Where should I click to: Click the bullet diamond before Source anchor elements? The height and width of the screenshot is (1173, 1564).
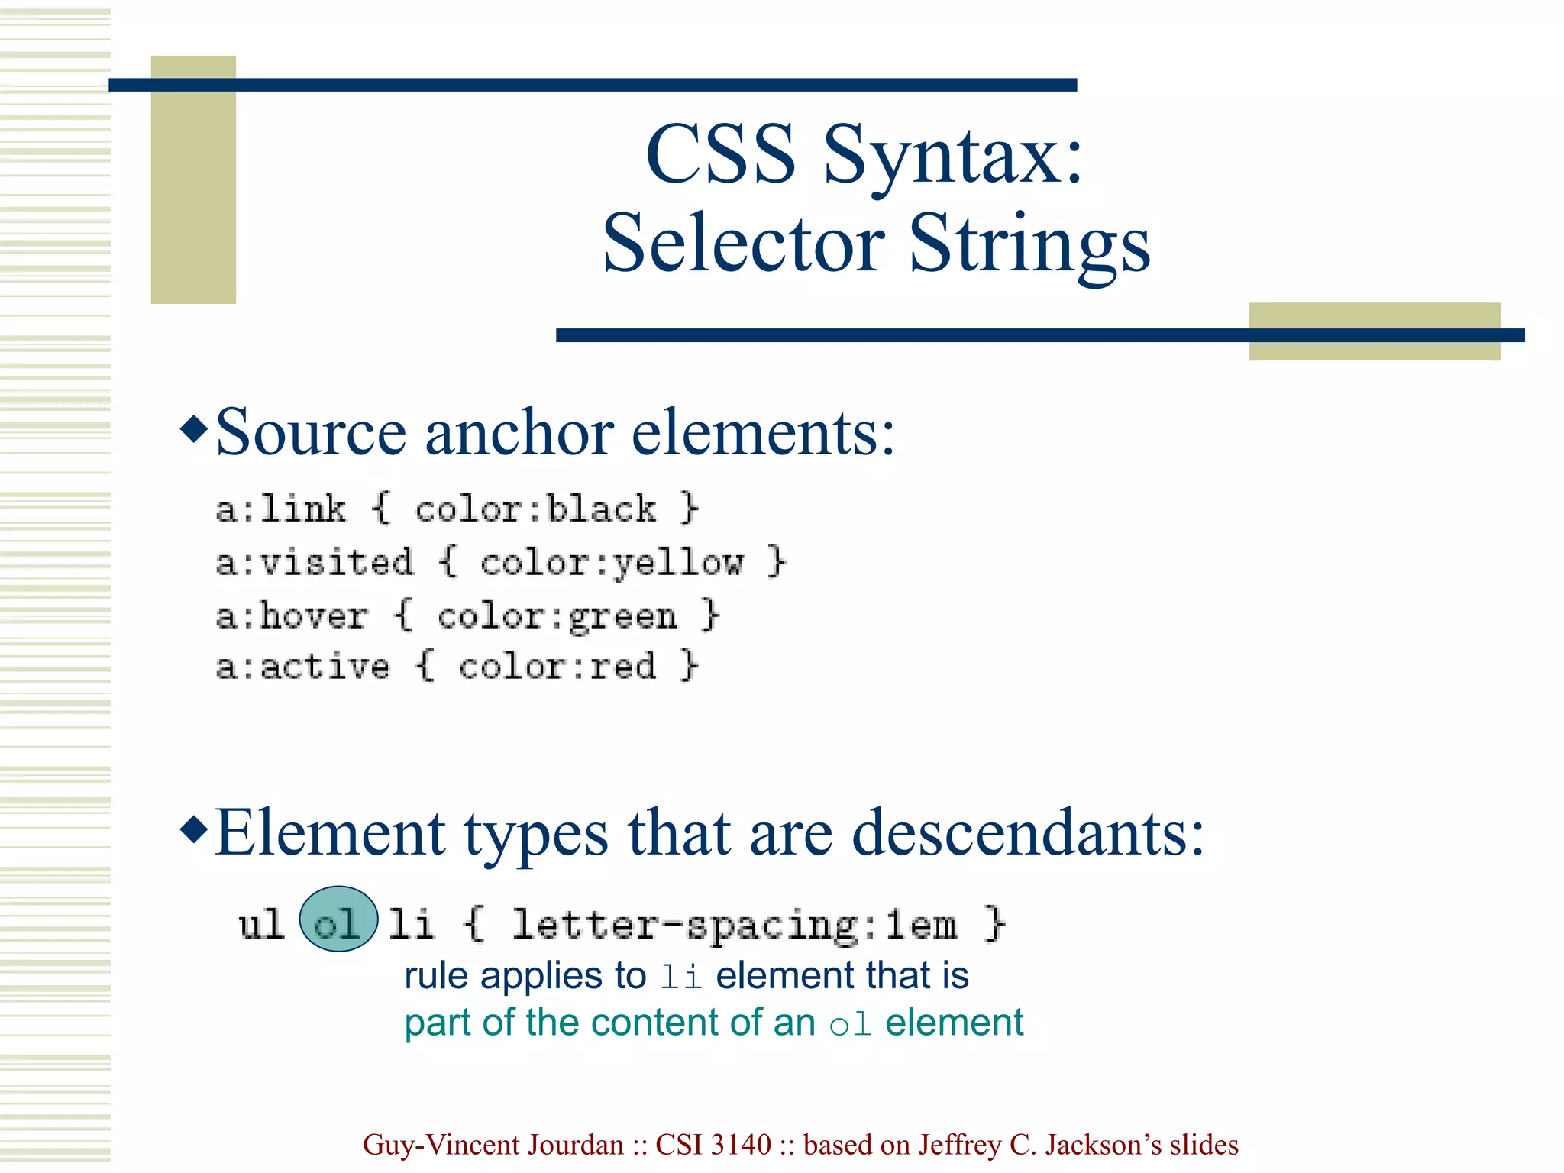pos(194,429)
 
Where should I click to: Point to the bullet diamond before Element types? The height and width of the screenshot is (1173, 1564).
pos(194,829)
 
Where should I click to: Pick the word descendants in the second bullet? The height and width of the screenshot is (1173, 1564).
pos(1028,834)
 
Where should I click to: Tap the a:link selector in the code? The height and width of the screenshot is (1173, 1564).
pos(280,509)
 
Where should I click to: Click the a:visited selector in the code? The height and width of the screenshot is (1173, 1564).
pos(314,563)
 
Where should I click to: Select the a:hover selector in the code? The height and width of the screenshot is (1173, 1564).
pos(292,616)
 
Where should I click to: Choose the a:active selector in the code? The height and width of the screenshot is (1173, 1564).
pos(302,667)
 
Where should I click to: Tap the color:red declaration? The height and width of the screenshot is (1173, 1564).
pos(557,667)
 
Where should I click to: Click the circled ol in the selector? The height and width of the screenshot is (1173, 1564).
pos(338,920)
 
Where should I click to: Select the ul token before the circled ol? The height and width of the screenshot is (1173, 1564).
pos(260,924)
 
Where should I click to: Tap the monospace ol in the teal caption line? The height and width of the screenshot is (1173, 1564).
pos(850,1024)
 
